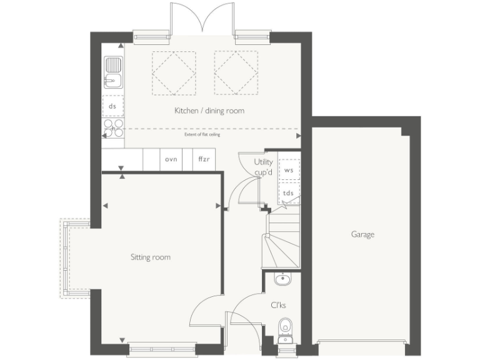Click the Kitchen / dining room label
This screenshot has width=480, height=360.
209,111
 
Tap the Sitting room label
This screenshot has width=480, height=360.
150,257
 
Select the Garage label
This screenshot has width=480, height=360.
362,234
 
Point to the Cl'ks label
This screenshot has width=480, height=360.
278,306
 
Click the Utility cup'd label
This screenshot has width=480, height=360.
263,167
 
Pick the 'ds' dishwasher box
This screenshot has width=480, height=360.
112,106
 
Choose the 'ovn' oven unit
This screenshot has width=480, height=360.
171,159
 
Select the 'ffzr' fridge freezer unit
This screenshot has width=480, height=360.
204,159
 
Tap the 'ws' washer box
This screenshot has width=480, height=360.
289,169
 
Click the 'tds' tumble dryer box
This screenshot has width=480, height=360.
289,192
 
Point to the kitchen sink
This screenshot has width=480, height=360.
113,72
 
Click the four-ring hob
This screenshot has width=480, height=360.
113,128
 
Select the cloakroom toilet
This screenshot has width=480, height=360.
285,327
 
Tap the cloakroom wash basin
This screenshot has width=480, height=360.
282,279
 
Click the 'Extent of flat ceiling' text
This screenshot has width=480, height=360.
202,134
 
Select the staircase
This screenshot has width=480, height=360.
281,241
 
